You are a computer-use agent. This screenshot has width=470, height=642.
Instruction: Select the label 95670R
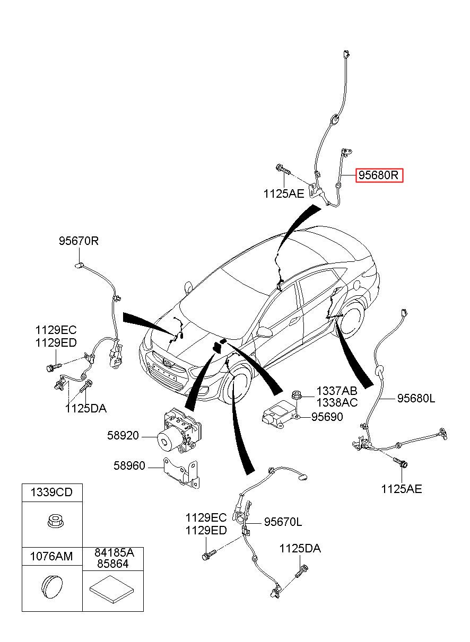tap(79, 241)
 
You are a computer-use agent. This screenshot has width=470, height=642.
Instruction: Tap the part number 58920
tap(123, 436)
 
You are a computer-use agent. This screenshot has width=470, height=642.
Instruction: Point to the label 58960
tap(129, 466)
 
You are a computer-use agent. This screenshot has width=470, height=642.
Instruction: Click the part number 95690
tap(327, 417)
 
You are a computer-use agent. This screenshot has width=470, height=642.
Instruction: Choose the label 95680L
tap(416, 399)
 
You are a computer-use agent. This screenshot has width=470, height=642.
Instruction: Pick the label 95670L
tap(283, 522)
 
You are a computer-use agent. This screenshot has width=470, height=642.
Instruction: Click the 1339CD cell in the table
tap(51, 493)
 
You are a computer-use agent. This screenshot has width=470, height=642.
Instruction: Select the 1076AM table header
tap(51, 557)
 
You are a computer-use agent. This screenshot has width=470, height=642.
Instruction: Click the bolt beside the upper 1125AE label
tap(283, 170)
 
